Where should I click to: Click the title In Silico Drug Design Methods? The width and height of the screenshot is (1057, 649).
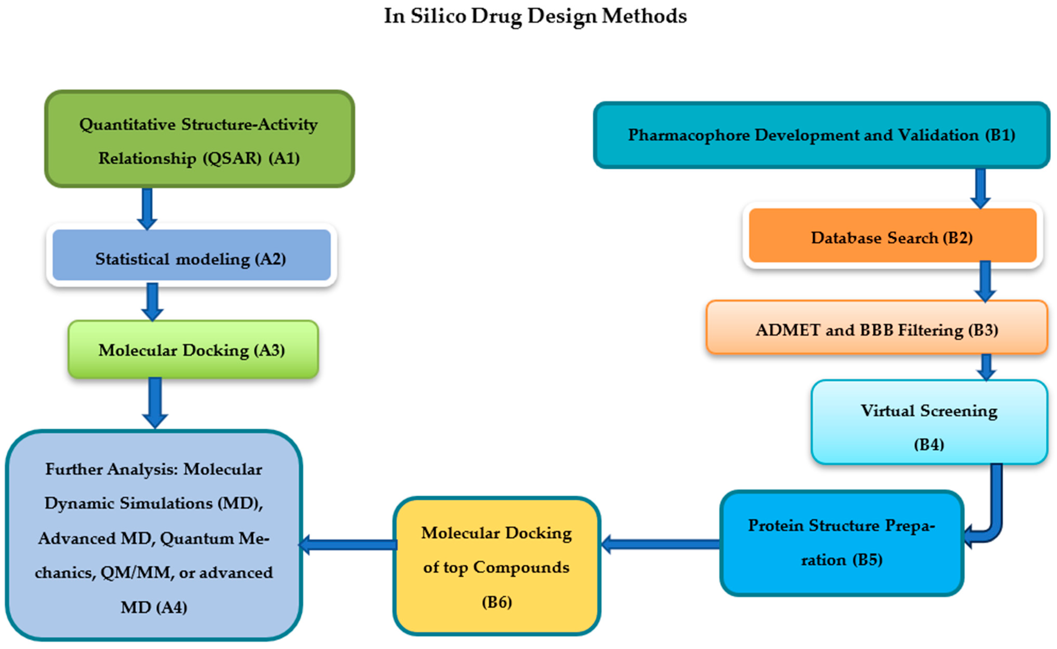pyautogui.click(x=535, y=16)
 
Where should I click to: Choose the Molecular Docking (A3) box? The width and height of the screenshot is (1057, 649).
pyautogui.click(x=193, y=349)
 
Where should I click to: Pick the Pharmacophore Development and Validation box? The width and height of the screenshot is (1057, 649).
pyautogui.click(x=822, y=135)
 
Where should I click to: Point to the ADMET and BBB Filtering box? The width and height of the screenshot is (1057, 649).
pyautogui.click(x=877, y=328)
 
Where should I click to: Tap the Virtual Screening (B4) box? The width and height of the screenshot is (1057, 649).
pyautogui.click(x=929, y=422)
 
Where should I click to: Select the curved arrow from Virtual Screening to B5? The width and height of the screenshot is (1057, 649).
pyautogui.click(x=995, y=511)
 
